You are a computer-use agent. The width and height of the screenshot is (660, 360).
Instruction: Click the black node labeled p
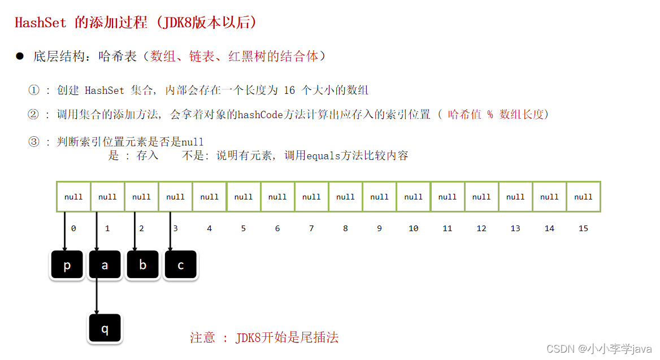(67, 265)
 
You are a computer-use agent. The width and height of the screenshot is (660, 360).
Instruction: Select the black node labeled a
(105, 265)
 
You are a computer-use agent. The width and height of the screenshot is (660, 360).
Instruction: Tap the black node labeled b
(142, 265)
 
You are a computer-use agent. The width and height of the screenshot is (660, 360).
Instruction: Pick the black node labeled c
(180, 265)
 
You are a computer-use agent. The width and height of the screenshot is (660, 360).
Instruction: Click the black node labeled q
(105, 329)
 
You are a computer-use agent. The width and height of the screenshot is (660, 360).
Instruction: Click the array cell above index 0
(73, 197)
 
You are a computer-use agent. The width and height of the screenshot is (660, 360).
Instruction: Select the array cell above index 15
(583, 197)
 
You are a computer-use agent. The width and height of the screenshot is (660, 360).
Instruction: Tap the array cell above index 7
(311, 197)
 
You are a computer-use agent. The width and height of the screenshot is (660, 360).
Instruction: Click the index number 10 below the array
(413, 228)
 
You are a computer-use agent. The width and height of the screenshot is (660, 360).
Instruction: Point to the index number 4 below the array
(209, 228)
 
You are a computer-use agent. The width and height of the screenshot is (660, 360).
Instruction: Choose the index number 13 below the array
(515, 228)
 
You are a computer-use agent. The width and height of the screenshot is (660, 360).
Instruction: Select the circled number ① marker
(34, 90)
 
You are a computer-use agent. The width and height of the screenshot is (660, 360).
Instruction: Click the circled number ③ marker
(34, 141)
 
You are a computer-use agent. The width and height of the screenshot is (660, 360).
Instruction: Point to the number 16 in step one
(289, 90)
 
